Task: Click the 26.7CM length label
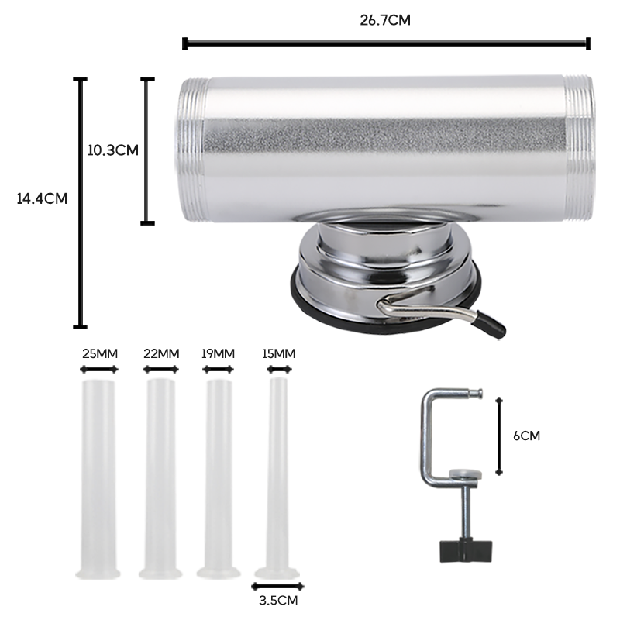click(385, 20)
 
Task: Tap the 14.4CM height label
click(42, 198)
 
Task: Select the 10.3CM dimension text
click(112, 150)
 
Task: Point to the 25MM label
click(100, 353)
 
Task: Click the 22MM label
click(161, 353)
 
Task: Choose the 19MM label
click(218, 353)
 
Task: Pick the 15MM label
click(279, 353)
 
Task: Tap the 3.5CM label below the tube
click(278, 600)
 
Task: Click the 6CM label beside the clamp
click(526, 436)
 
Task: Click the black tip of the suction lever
click(491, 324)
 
